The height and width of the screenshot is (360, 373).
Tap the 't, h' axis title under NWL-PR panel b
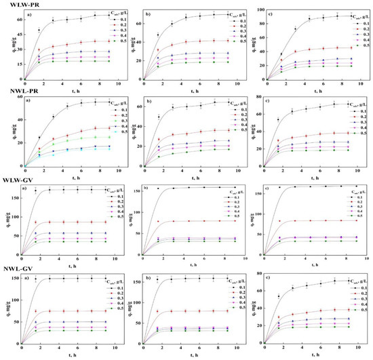[186, 175]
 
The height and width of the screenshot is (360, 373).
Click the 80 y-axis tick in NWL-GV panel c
[258, 273]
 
